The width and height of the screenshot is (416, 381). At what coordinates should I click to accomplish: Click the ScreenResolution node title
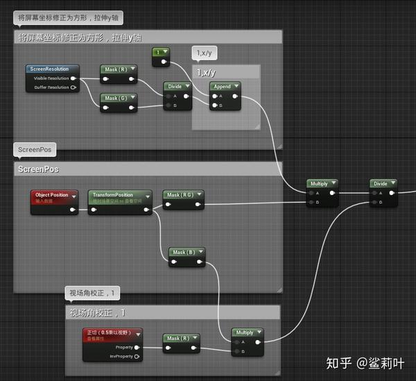coord(52,69)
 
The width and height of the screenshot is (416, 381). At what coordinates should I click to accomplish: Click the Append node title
coord(223,87)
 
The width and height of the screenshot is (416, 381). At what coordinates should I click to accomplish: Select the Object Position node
coord(53,196)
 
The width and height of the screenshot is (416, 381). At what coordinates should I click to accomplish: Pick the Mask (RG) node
coord(182,195)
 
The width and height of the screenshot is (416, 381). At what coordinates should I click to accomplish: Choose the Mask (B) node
coord(185,253)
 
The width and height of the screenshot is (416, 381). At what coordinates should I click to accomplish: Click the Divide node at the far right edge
coord(381,184)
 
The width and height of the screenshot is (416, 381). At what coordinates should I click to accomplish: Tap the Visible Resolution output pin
coord(73,78)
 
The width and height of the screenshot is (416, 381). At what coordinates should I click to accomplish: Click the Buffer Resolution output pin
coord(73,87)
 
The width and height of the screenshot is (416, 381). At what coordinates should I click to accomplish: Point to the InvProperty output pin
coord(137,356)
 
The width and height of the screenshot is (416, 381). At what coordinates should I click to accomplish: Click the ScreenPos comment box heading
coord(39,169)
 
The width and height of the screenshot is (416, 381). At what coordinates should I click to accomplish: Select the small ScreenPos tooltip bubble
coord(33,149)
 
